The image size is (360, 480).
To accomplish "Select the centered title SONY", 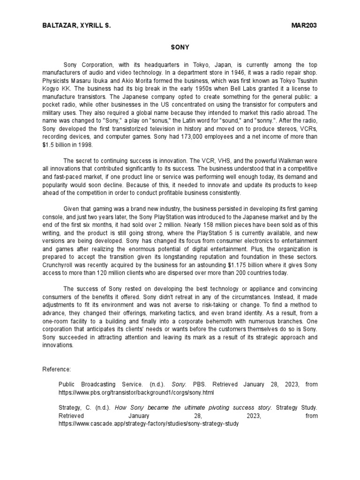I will (x=180, y=47).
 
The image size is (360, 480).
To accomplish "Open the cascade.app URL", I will (x=149, y=423).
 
